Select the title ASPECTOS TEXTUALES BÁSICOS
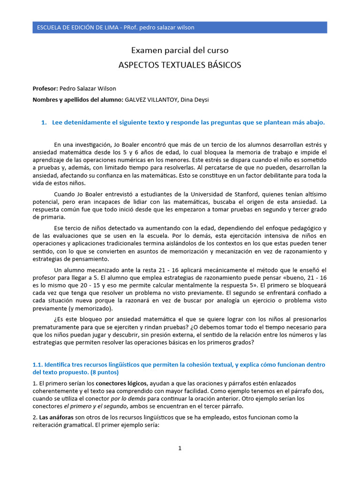[x=180, y=65]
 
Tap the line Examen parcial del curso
[x=180, y=50]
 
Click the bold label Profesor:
[x=45, y=88]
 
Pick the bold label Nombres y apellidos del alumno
[x=77, y=100]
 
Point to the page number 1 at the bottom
[x=180, y=448]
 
